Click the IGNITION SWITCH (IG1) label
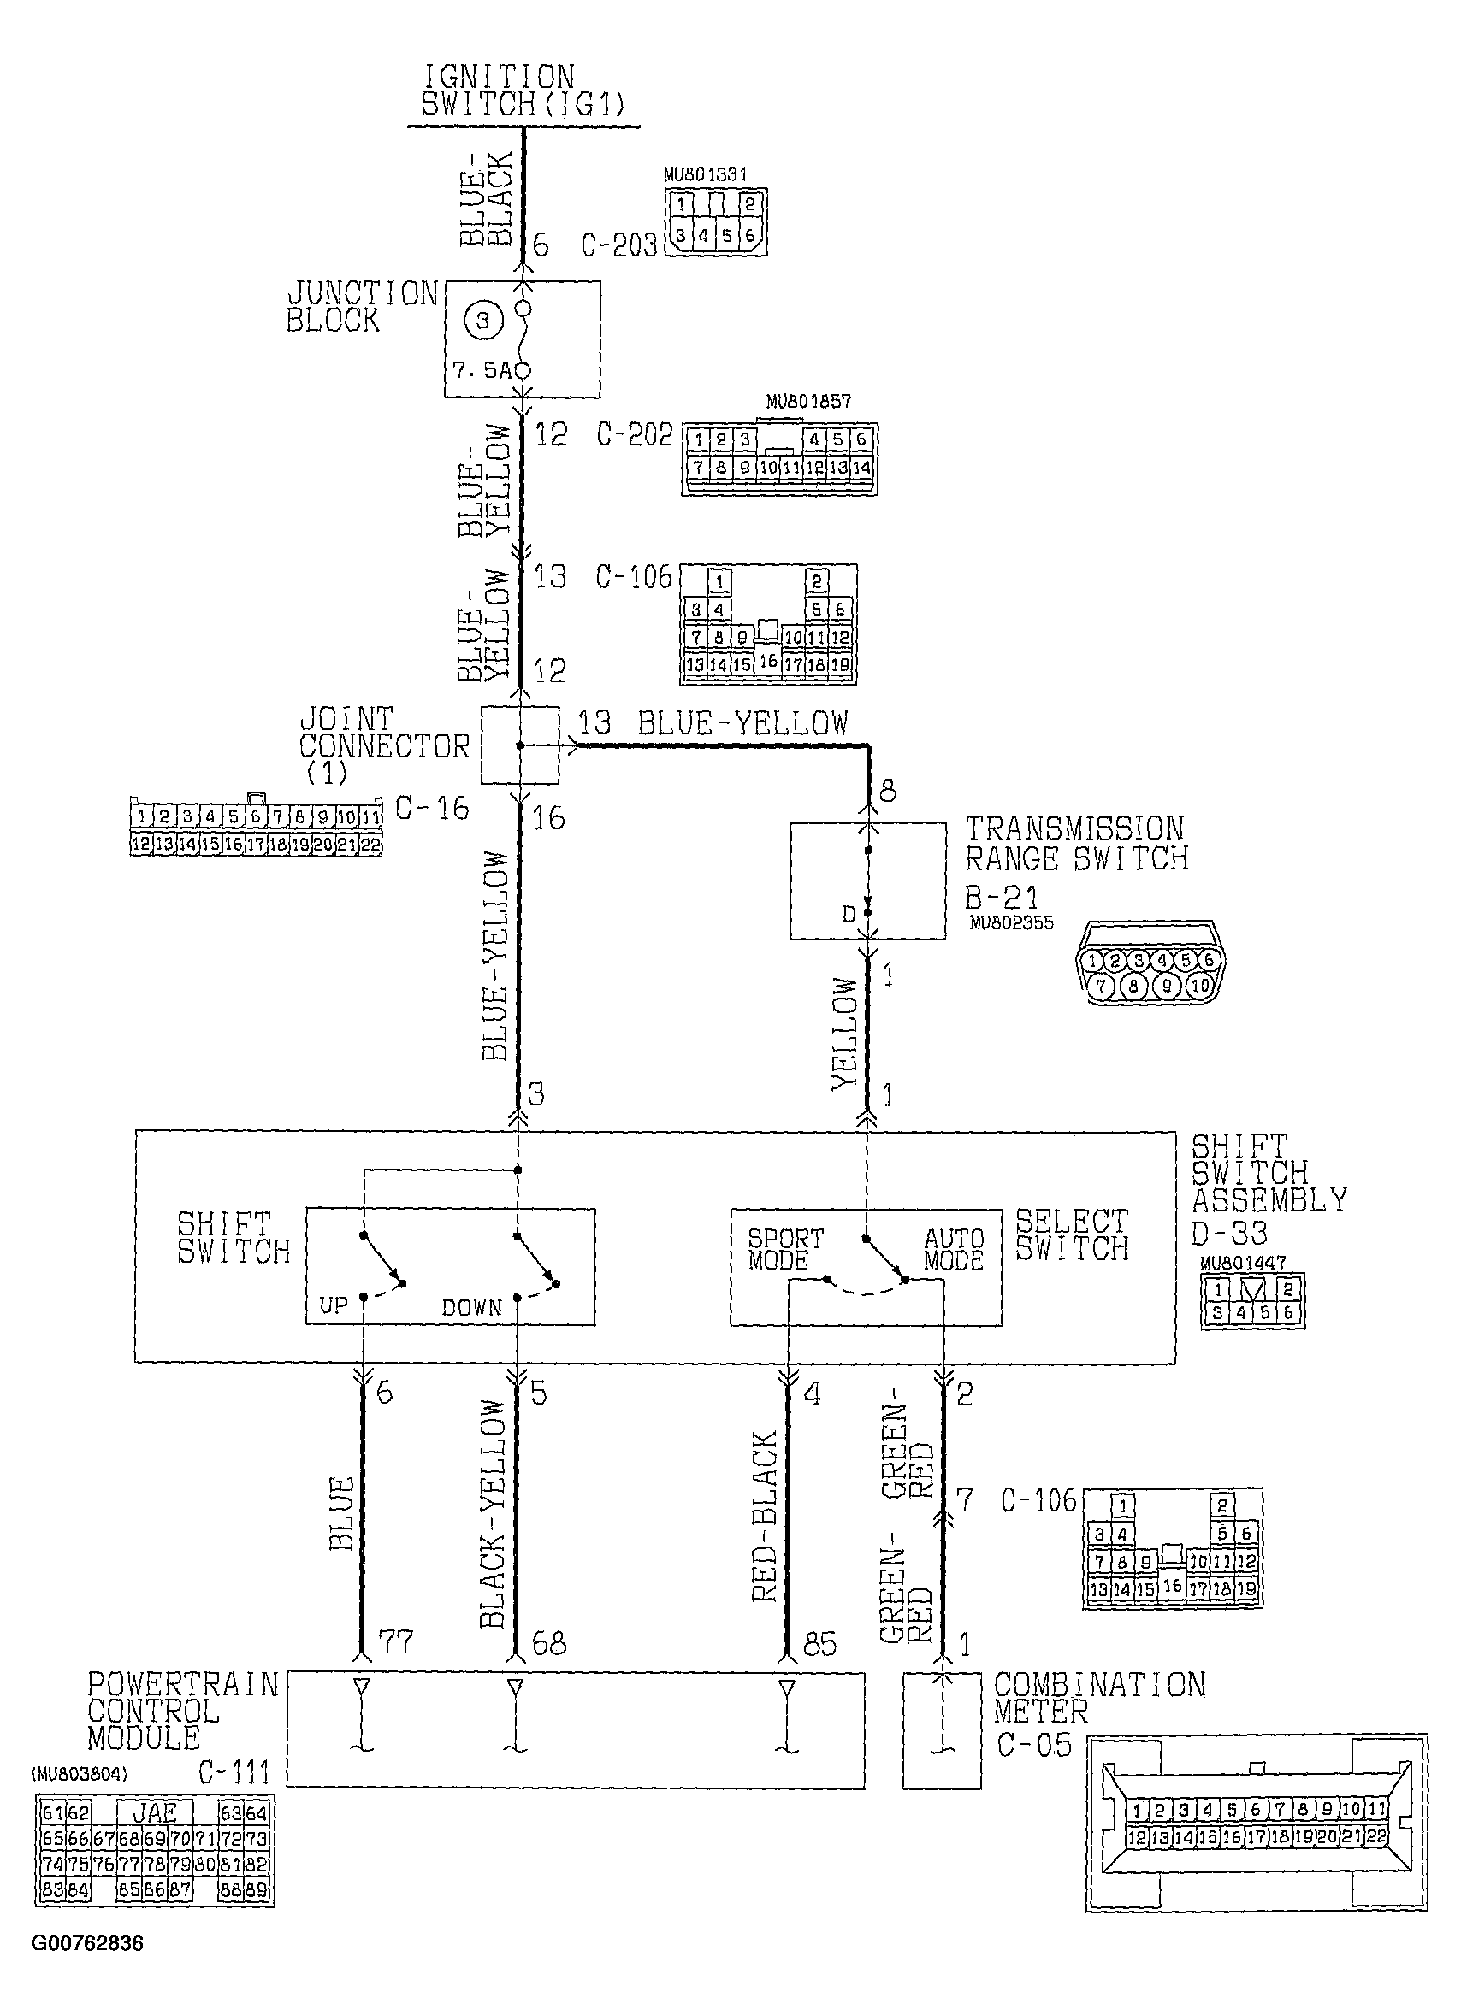point(523,91)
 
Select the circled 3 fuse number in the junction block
point(483,320)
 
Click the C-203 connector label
point(618,245)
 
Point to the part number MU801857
point(807,402)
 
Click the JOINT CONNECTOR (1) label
point(383,745)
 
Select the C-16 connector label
point(432,809)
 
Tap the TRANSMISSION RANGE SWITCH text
point(1075,844)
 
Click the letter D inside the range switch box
point(849,913)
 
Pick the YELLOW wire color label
point(845,1034)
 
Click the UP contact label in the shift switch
point(334,1306)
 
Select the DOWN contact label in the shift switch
point(472,1308)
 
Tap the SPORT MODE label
point(785,1249)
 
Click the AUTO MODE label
point(954,1249)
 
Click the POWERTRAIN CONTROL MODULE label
point(183,1711)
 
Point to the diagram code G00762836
point(87,1943)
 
